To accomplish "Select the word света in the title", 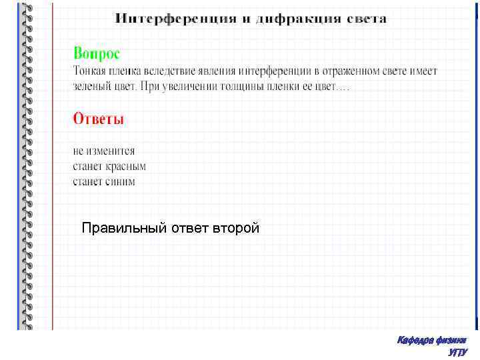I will pyautogui.click(x=366, y=19).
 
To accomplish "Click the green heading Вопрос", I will pyautogui.click(x=97, y=53).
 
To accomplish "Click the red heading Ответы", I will pyautogui.click(x=99, y=119).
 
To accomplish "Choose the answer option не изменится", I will pyautogui.click(x=103, y=151).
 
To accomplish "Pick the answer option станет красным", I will pyautogui.click(x=109, y=166).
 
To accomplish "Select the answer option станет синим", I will pyautogui.click(x=104, y=181).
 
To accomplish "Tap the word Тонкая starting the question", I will pyautogui.click(x=90, y=71).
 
